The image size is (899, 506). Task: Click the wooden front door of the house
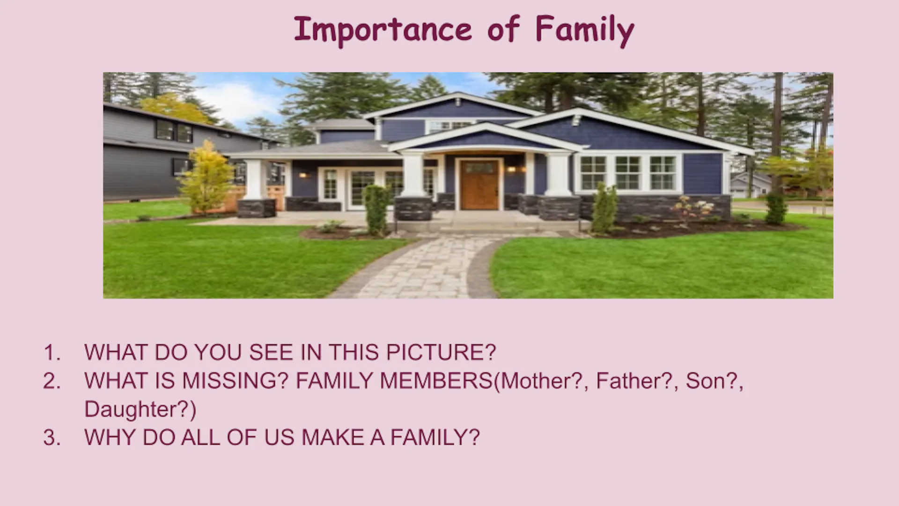tap(479, 184)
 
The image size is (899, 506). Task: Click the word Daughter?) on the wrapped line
tap(140, 409)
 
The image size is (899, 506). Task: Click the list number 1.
tap(52, 352)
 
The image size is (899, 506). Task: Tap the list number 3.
tap(52, 438)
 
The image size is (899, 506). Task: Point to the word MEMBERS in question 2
tap(436, 381)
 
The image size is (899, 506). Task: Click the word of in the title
tap(503, 30)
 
